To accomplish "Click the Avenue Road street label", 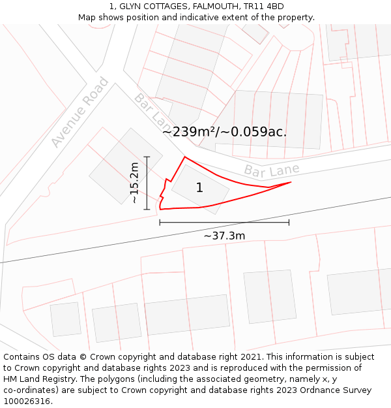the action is (80, 112).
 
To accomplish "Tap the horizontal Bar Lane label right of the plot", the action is (272, 170).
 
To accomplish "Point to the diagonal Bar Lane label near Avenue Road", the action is (152, 111).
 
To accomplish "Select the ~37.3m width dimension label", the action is (224, 236).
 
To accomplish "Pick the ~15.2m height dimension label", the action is (134, 183).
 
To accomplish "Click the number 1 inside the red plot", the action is (199, 188).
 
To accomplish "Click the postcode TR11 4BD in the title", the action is (267, 7).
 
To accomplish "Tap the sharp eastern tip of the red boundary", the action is (290, 182).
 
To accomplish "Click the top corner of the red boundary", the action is (185, 157).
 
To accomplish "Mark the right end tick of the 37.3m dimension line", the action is (289, 223).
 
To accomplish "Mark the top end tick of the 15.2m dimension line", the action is (147, 157).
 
